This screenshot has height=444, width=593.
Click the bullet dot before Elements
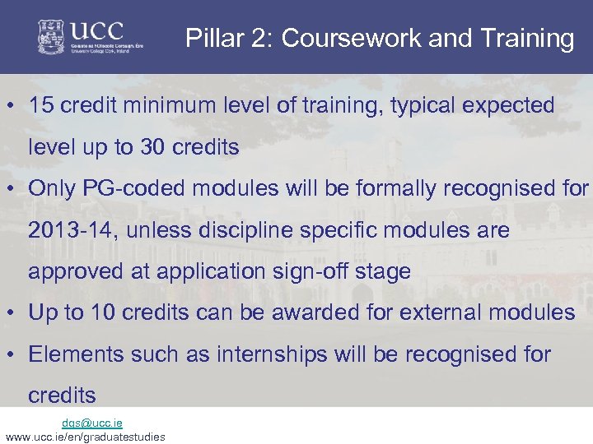click(13, 354)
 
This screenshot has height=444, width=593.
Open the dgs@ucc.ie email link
click(91, 423)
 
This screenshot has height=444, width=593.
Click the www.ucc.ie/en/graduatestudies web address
click(84, 437)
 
